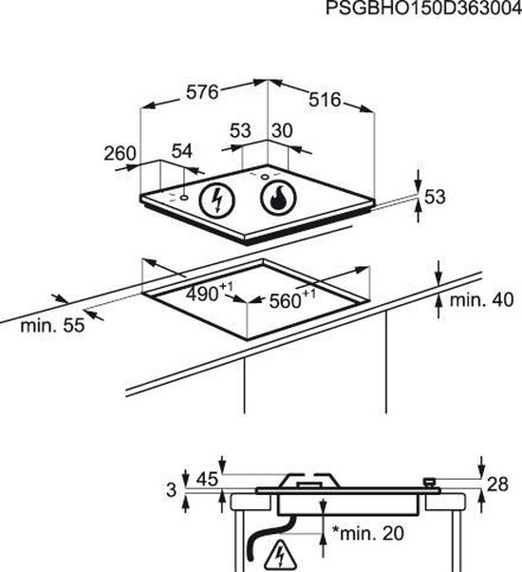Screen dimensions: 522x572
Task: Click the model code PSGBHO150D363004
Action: coord(423,9)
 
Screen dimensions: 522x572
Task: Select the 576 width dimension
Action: coord(202,92)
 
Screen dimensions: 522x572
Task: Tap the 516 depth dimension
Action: coord(325,99)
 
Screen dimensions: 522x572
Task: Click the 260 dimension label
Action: coord(120,153)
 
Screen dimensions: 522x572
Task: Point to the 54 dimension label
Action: coord(182,151)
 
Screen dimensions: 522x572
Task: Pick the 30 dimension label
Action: coord(282,130)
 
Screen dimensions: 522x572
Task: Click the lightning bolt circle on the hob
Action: coord(217,200)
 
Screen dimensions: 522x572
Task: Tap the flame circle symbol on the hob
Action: coord(278,199)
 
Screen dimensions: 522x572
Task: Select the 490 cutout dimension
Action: coord(209,292)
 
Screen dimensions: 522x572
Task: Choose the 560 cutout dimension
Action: coord(292,299)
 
